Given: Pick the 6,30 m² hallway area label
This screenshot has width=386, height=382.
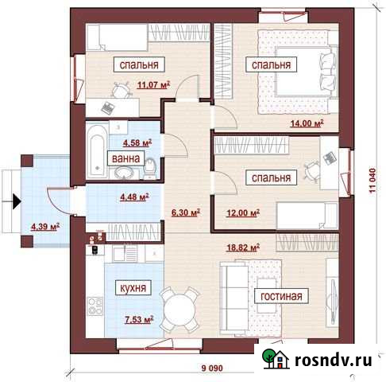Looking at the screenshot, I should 185,213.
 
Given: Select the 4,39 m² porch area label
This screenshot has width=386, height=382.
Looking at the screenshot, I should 45,227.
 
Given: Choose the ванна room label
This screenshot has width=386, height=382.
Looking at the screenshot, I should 124,158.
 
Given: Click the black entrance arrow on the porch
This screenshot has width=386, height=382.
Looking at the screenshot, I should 14,201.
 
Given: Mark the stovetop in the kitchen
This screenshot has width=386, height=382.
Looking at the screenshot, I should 93,306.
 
